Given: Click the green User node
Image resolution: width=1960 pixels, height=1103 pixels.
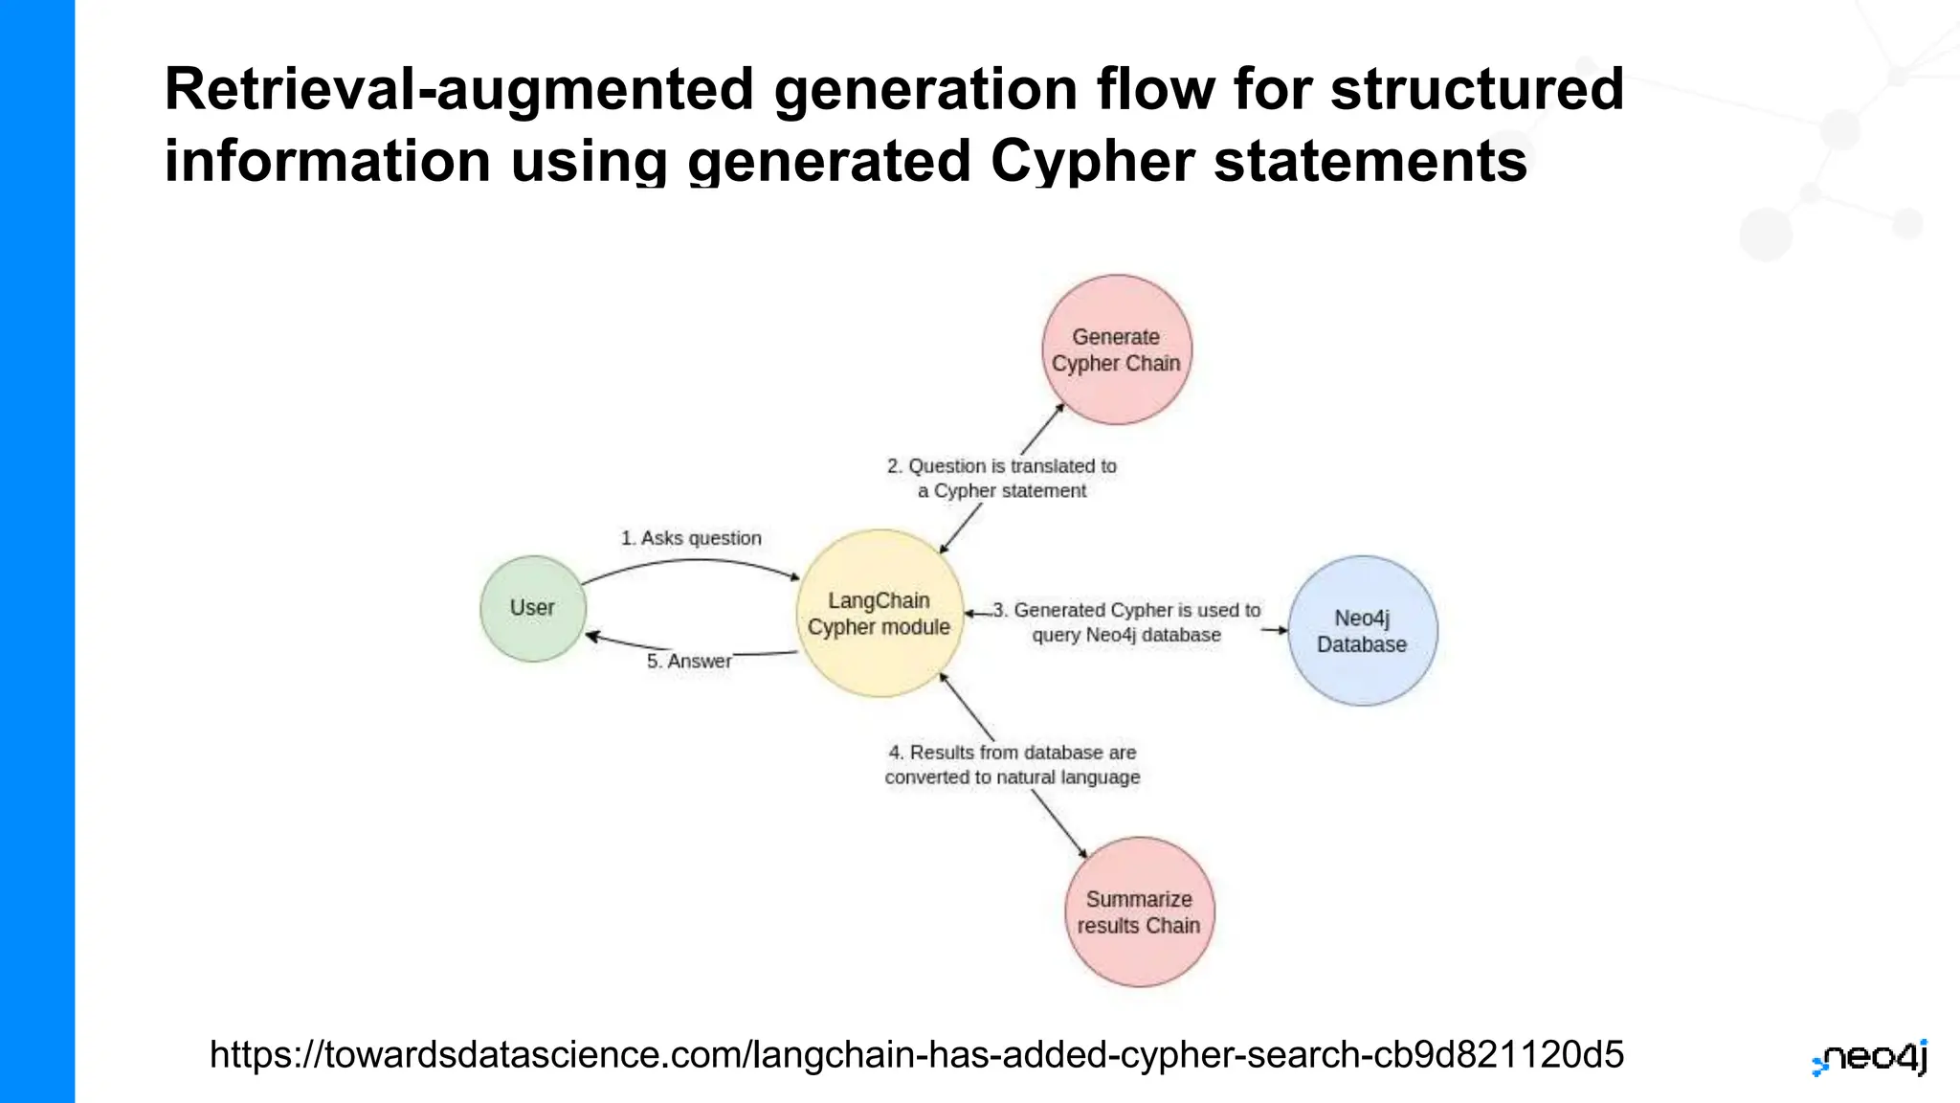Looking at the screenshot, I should pyautogui.click(x=532, y=608).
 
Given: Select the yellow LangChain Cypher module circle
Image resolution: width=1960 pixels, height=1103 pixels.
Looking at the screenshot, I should pyautogui.click(x=879, y=614).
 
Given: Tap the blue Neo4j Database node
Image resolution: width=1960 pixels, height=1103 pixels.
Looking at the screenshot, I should pyautogui.click(x=1362, y=631).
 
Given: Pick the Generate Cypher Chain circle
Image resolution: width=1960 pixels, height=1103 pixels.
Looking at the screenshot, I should pyautogui.click(x=1116, y=350).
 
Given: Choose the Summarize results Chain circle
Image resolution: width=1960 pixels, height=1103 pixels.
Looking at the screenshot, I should pyautogui.click(x=1139, y=912).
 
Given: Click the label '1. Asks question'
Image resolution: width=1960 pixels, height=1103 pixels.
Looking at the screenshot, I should pyautogui.click(x=691, y=538).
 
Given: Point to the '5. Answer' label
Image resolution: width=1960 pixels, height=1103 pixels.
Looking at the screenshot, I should pyautogui.click(x=689, y=661).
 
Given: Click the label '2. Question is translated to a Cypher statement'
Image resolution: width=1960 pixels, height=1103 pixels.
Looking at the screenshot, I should pyautogui.click(x=1001, y=478).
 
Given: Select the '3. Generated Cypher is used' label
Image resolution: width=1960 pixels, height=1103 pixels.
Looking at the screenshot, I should pyautogui.click(x=1126, y=622).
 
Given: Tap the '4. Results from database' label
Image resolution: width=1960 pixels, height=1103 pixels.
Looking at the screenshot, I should pyautogui.click(x=1012, y=765).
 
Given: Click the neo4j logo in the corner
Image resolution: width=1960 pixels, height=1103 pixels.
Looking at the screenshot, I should pyautogui.click(x=1870, y=1058).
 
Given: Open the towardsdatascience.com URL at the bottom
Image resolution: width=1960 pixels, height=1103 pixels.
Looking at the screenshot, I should pyautogui.click(x=916, y=1054).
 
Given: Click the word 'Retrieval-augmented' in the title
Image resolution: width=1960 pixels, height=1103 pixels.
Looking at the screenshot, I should pyautogui.click(x=459, y=89).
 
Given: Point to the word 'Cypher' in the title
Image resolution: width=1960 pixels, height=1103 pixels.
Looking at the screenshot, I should pyautogui.click(x=1092, y=160).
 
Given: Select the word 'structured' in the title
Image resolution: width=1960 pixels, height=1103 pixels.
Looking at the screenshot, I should pyautogui.click(x=1477, y=89).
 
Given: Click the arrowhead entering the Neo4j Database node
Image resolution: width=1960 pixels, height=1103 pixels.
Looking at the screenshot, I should pyautogui.click(x=1282, y=630).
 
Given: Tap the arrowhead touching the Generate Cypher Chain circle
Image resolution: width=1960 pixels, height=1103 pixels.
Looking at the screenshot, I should pyautogui.click(x=1060, y=408).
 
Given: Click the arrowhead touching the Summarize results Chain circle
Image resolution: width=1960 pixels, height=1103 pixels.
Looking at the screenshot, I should pyautogui.click(x=1082, y=853).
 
